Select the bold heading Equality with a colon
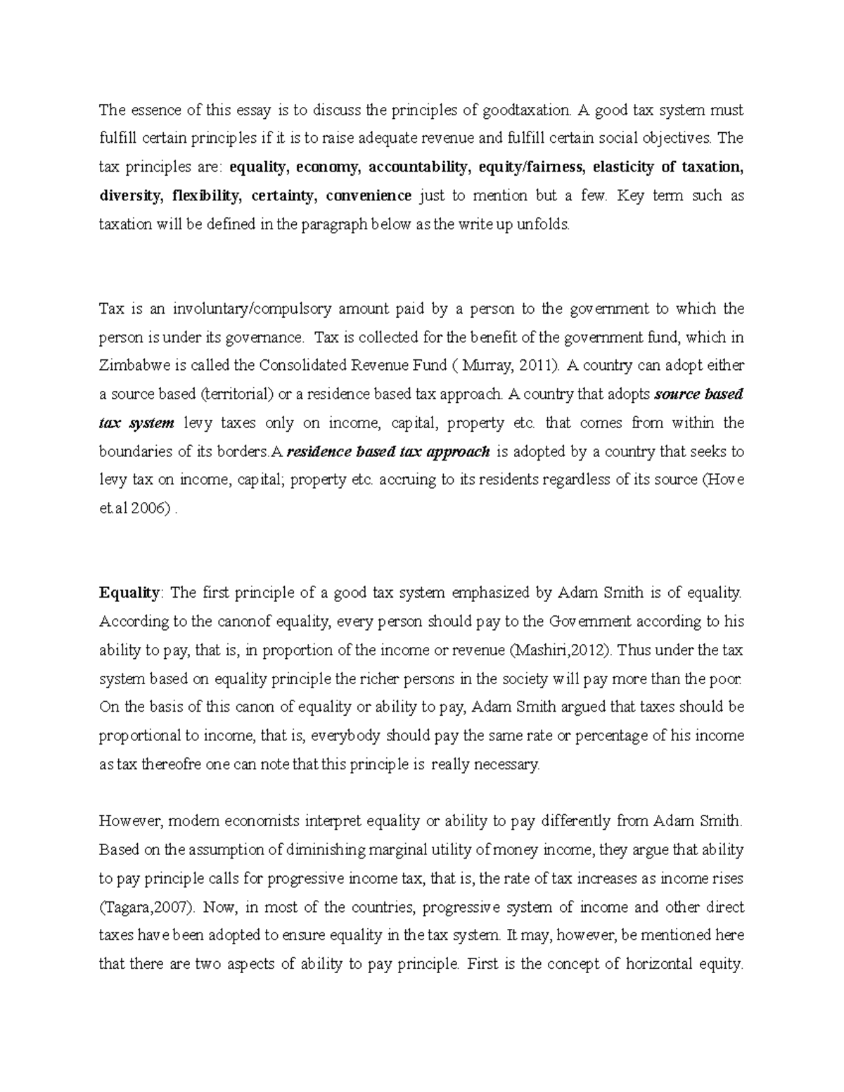(131, 592)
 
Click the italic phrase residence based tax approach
(388, 451)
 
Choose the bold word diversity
(129, 195)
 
